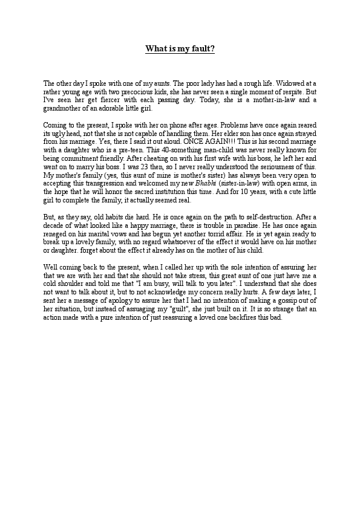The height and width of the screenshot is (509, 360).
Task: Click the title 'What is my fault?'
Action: [x=180, y=49]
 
